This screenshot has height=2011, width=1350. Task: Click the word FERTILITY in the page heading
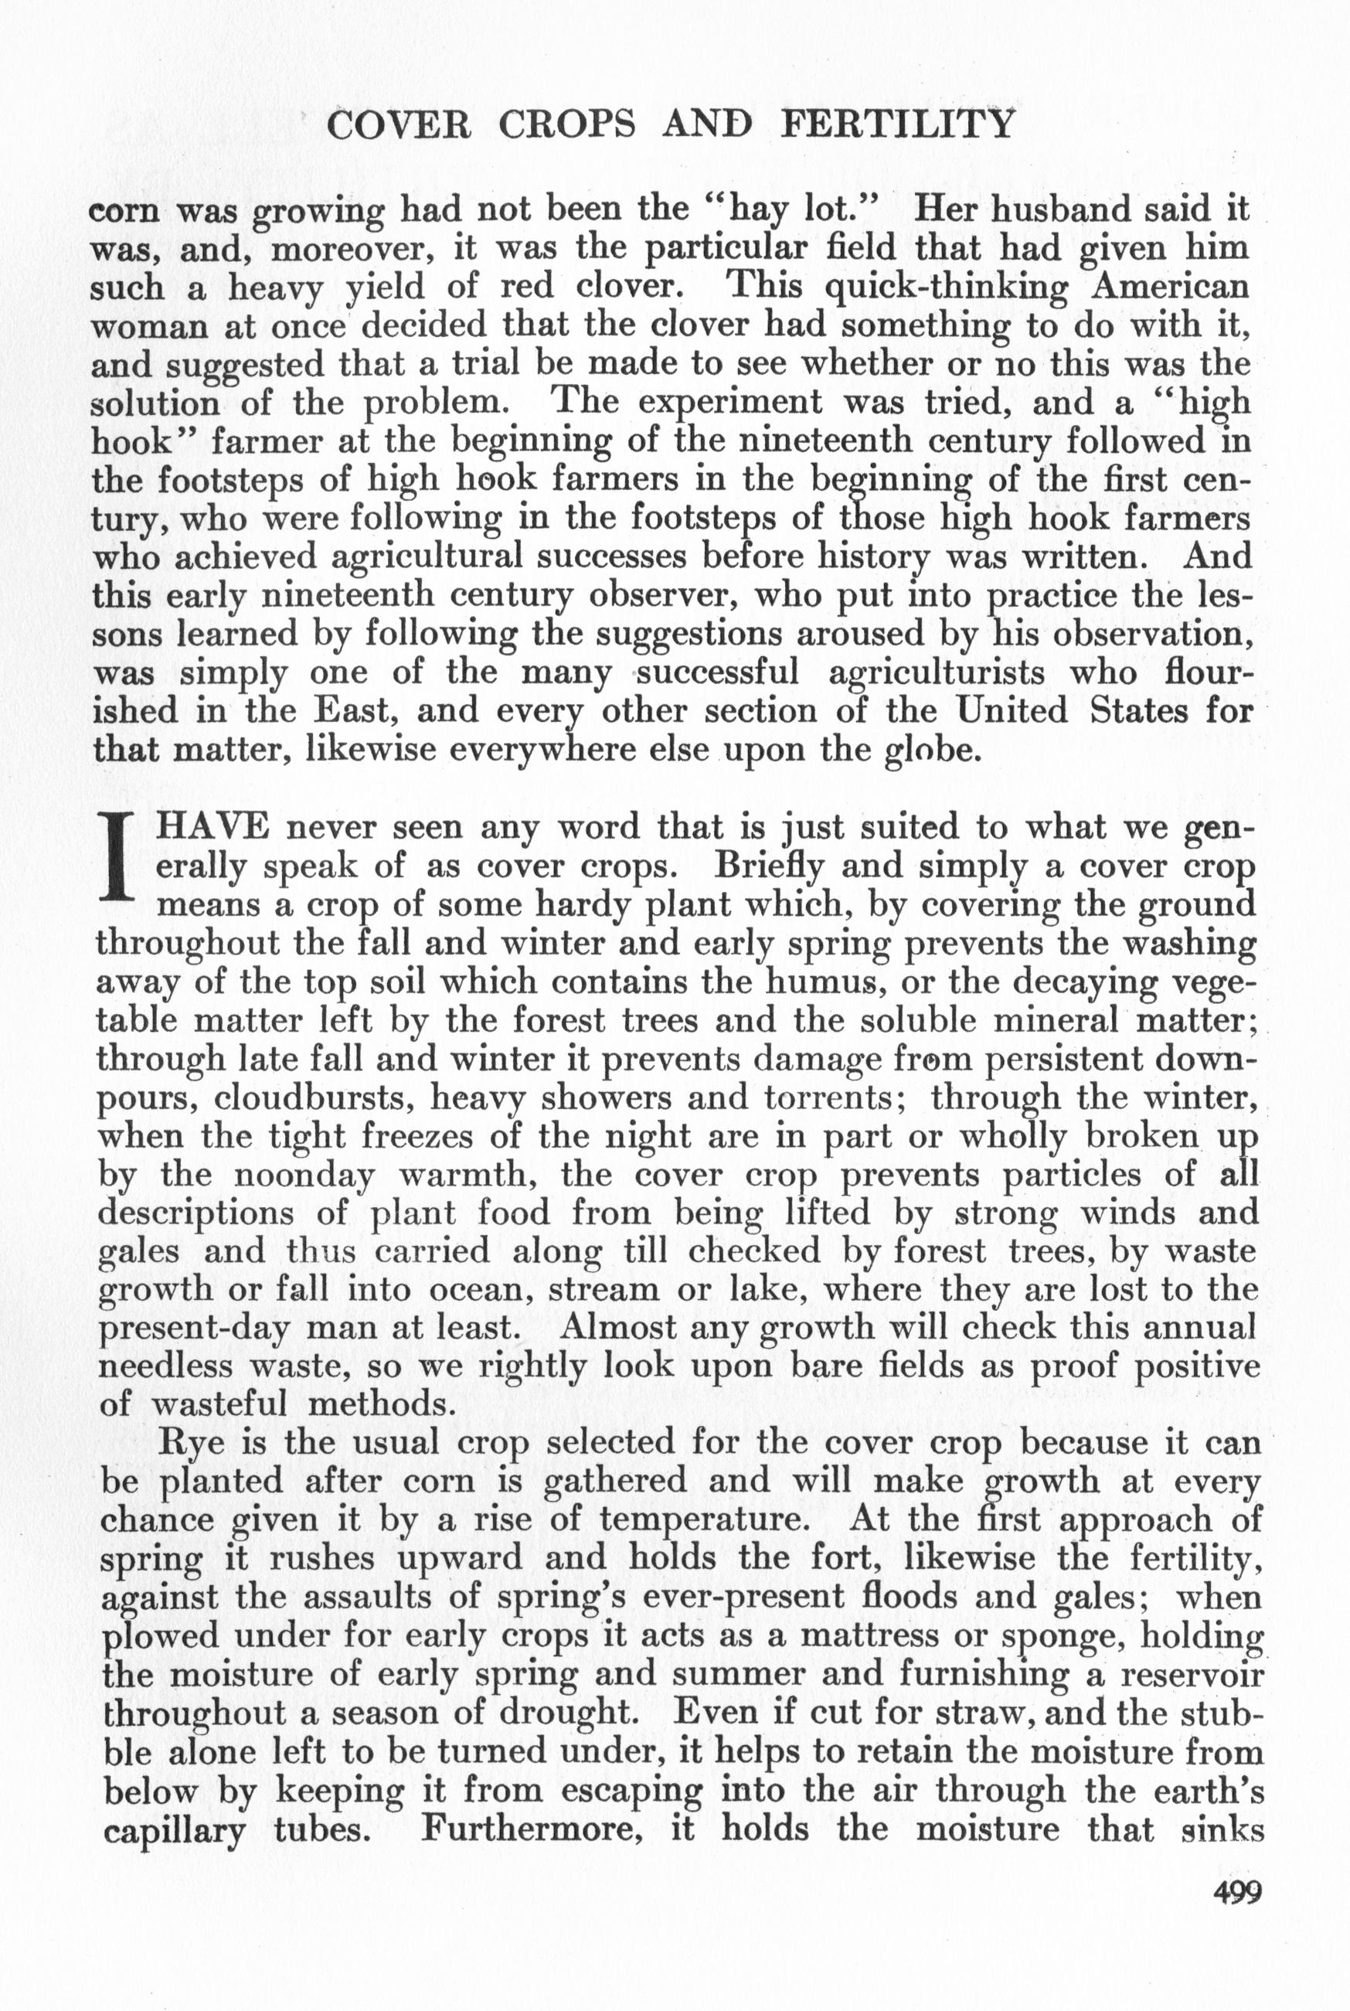897,126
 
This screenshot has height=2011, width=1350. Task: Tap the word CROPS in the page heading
567,126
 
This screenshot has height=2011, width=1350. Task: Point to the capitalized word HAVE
210,827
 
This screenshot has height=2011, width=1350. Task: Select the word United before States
1012,711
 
